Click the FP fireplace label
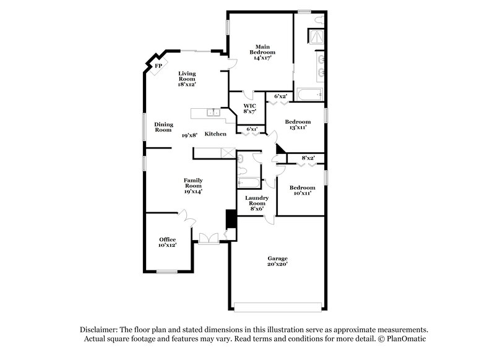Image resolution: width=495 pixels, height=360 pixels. (x=158, y=66)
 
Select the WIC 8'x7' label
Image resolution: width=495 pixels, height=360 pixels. (x=249, y=109)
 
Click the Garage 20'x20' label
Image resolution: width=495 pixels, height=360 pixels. (x=277, y=261)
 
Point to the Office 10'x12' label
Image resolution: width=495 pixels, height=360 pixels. (x=167, y=242)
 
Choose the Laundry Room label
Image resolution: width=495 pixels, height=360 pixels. (x=256, y=204)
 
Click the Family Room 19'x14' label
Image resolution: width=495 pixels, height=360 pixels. (x=193, y=186)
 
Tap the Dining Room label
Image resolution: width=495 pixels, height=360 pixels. (x=163, y=127)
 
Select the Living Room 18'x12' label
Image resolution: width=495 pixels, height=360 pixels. (x=187, y=79)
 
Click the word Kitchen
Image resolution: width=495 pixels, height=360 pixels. (x=215, y=134)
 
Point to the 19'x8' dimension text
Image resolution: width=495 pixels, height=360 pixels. (x=189, y=134)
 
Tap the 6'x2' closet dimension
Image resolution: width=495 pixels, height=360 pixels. (x=280, y=96)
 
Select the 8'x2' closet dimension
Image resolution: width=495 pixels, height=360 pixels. (x=308, y=158)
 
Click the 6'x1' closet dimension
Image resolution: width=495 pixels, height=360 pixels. (x=252, y=129)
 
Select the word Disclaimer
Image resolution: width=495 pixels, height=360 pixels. (x=100, y=330)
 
